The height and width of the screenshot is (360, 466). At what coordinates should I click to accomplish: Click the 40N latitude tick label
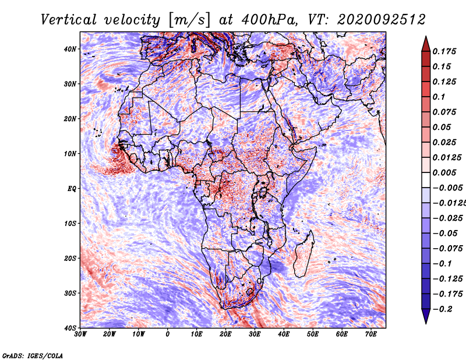click(x=70, y=49)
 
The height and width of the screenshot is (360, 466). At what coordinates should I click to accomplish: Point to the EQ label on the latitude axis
click(x=72, y=189)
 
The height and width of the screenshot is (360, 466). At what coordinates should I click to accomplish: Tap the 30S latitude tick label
click(x=70, y=293)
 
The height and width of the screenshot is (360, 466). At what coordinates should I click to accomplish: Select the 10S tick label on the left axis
click(x=70, y=223)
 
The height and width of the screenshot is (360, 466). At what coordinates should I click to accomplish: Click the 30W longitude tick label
click(x=80, y=334)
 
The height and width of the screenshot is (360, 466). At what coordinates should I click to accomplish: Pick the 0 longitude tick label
click(x=168, y=334)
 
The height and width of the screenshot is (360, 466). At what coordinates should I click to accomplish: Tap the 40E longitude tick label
click(x=284, y=334)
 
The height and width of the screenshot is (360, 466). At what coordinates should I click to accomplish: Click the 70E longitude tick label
click(x=371, y=334)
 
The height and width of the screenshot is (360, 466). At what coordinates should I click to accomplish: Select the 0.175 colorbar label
click(x=444, y=51)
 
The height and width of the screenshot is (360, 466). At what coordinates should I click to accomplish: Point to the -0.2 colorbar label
click(x=443, y=309)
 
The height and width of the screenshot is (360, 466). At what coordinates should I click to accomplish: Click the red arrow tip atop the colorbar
click(x=426, y=37)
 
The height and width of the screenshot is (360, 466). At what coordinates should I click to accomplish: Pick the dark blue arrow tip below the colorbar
click(x=426, y=323)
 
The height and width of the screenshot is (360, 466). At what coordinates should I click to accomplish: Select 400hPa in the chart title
click(x=269, y=20)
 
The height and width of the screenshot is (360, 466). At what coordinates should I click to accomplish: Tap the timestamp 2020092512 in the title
click(x=382, y=20)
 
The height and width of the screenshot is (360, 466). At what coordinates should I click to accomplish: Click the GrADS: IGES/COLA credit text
click(x=33, y=356)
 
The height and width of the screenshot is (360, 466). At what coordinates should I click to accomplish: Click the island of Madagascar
click(x=303, y=254)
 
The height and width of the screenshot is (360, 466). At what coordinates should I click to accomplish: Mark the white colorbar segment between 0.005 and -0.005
click(x=426, y=180)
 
